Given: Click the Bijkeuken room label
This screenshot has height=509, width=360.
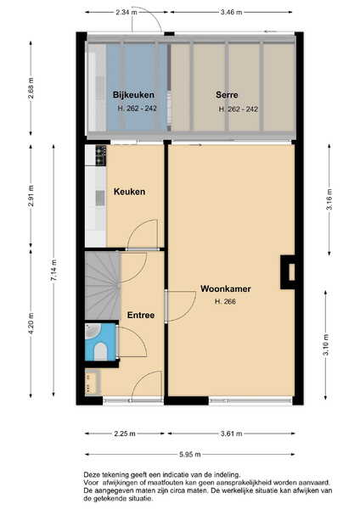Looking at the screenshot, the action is (x=133, y=95).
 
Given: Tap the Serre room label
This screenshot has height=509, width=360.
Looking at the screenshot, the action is (x=227, y=95).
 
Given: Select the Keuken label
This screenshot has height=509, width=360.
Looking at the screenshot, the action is (x=129, y=192).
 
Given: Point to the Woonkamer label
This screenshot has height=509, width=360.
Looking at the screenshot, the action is (x=226, y=288).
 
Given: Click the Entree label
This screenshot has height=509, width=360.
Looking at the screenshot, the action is (x=141, y=315).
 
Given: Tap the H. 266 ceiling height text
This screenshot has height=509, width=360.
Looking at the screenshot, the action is (x=225, y=301).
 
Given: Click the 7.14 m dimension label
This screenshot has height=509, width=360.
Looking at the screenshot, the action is (x=54, y=271).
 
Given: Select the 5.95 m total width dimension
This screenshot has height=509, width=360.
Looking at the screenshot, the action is (x=189, y=454).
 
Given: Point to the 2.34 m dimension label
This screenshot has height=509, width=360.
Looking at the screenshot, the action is (x=127, y=13).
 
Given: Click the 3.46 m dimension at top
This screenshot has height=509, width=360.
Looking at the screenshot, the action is (x=231, y=13).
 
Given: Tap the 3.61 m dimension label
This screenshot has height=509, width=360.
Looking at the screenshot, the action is (x=231, y=433).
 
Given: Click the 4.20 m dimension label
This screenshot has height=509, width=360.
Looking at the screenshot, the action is (x=31, y=324).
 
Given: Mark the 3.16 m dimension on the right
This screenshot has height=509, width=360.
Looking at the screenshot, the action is (x=329, y=199).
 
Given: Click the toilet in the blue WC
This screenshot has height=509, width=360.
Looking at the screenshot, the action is (x=100, y=351).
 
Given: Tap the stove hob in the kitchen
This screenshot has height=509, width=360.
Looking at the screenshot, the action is (x=101, y=155).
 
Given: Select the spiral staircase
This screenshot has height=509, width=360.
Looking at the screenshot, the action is (x=103, y=285).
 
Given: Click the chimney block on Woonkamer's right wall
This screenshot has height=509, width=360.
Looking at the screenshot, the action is (x=288, y=272).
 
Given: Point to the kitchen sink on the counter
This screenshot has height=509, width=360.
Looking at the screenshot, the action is (x=100, y=198).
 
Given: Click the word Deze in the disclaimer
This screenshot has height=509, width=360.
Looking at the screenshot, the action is (x=90, y=474).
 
